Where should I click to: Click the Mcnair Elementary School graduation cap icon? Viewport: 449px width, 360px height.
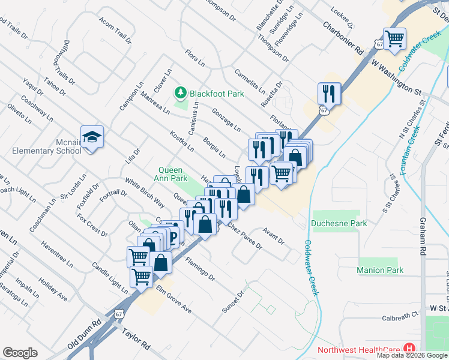(92, 138)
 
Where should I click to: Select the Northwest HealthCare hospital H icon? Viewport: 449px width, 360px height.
(409, 348)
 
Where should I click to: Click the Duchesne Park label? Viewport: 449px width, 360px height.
(339, 224)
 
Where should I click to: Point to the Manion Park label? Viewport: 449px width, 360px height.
(379, 270)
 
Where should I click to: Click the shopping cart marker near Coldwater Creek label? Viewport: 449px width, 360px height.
(394, 40)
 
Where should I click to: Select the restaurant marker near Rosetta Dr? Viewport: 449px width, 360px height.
(329, 94)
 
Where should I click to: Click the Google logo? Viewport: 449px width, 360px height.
(20, 353)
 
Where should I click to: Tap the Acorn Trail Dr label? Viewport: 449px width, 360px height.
(115, 30)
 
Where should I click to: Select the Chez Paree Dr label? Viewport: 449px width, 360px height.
(244, 236)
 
